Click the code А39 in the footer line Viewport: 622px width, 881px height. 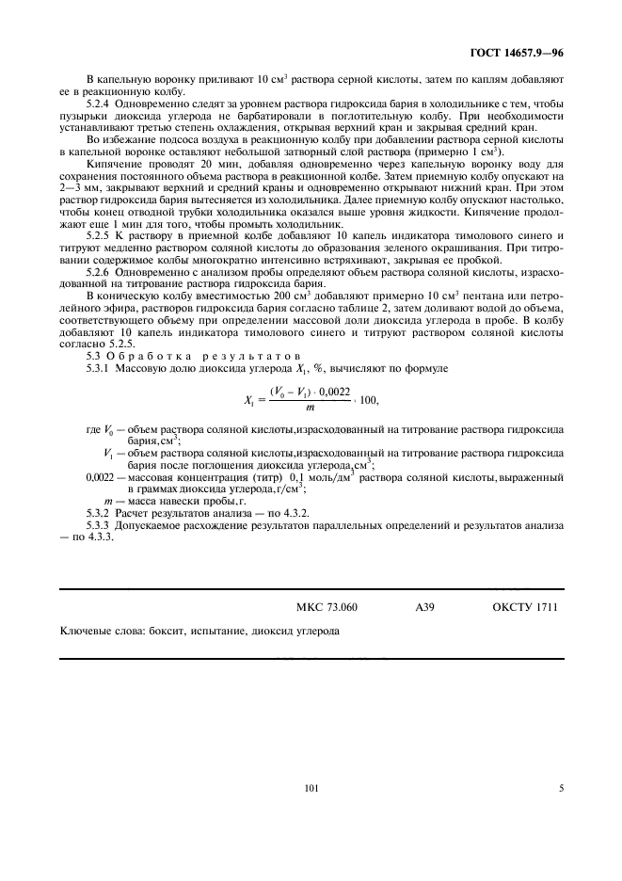[425, 607]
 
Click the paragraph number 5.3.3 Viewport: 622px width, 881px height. [101, 524]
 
